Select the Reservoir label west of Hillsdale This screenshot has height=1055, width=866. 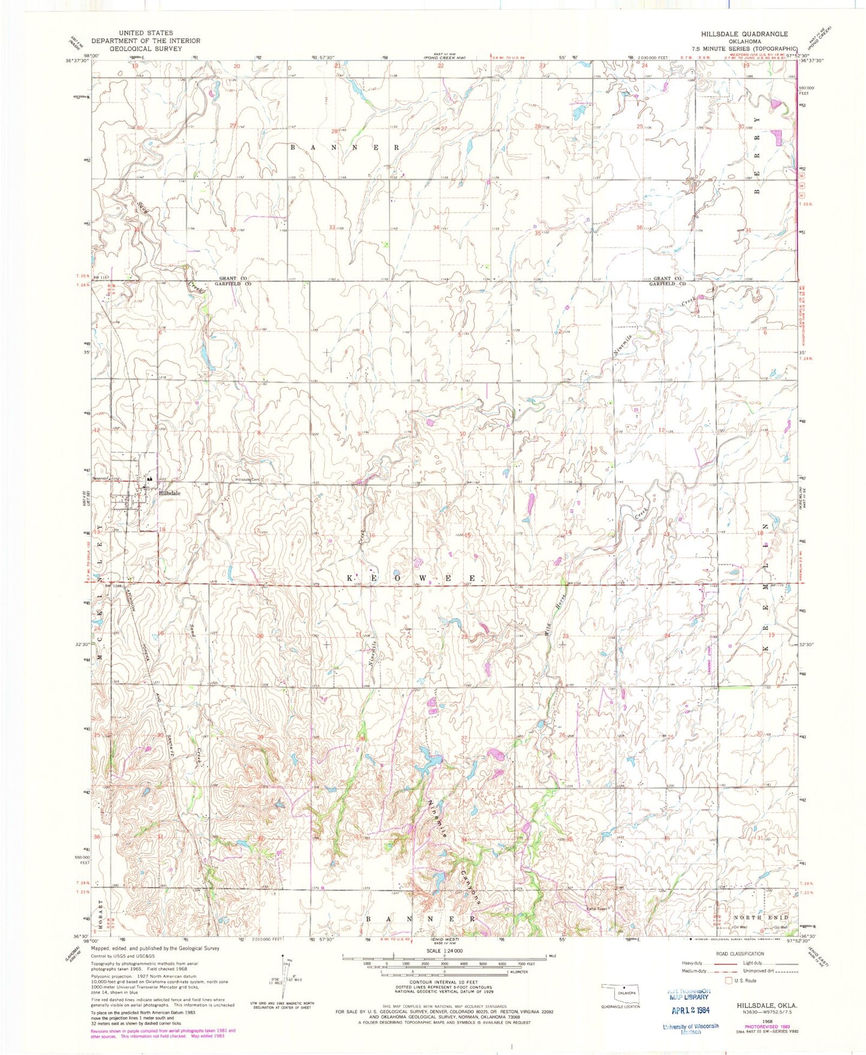point(99,478)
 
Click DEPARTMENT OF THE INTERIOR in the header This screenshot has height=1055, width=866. point(146,41)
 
